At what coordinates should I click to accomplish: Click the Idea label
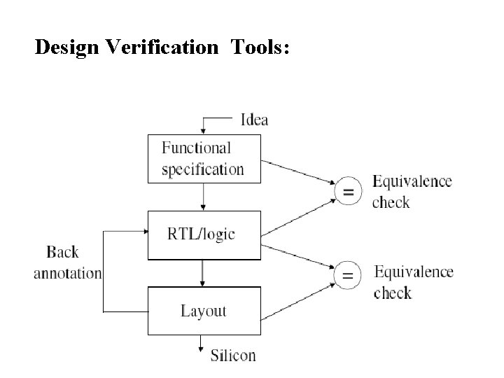point(254,120)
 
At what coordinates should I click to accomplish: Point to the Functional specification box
point(204,158)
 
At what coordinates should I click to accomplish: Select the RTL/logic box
point(204,234)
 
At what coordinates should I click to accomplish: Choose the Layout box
point(204,311)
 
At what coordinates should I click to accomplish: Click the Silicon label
point(233,355)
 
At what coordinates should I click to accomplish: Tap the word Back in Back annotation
point(64,252)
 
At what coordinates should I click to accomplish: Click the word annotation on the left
point(67,273)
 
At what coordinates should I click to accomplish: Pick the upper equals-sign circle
point(347,191)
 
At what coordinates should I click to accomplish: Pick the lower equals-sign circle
point(347,277)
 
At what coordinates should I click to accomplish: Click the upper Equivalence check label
point(412,192)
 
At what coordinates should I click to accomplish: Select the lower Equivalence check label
point(413,281)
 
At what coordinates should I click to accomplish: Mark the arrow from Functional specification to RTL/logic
point(204,196)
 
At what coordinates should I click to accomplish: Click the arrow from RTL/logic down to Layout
point(204,273)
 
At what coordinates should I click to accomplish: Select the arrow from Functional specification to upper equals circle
point(297,171)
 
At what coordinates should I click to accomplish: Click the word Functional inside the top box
point(196,148)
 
